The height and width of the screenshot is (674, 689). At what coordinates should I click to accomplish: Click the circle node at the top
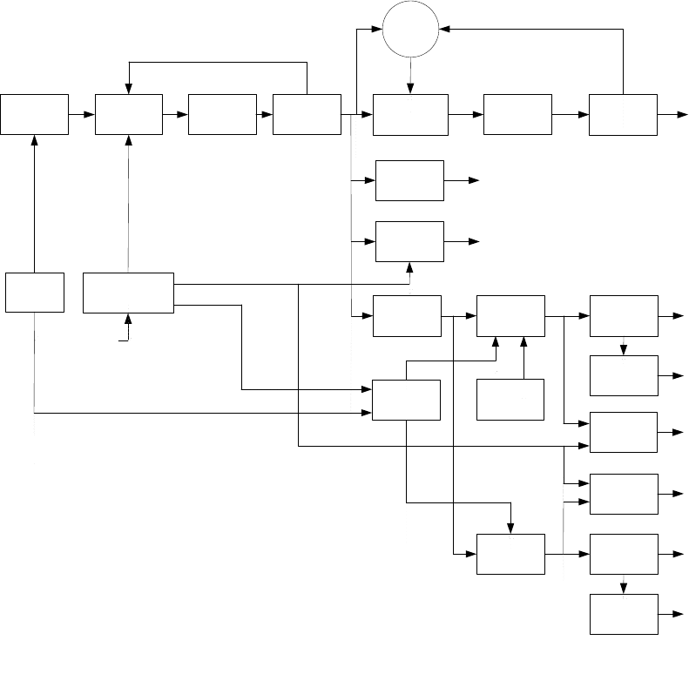tap(411, 30)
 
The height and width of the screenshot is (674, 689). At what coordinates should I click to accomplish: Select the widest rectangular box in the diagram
tap(128, 293)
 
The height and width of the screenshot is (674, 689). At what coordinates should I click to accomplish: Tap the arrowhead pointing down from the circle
tap(411, 86)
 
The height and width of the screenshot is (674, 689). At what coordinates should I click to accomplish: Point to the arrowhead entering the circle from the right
tap(444, 30)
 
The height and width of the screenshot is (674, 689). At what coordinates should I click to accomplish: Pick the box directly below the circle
tap(410, 113)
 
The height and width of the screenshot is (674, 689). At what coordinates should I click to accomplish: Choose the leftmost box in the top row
tap(35, 113)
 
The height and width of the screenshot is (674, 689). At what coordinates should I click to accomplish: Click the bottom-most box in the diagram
tap(624, 614)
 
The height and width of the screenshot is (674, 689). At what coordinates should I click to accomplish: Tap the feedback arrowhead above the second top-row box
tap(129, 87)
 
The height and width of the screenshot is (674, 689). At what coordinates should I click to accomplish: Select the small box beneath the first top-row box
tap(35, 293)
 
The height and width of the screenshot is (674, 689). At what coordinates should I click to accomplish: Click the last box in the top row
tap(623, 113)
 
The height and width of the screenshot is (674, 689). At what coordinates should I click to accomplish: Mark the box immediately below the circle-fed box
tap(409, 180)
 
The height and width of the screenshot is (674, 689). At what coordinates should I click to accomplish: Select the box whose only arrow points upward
tap(510, 400)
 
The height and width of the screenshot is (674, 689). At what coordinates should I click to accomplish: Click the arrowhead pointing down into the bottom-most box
tap(624, 590)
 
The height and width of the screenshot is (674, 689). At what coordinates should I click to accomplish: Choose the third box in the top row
tap(221, 113)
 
